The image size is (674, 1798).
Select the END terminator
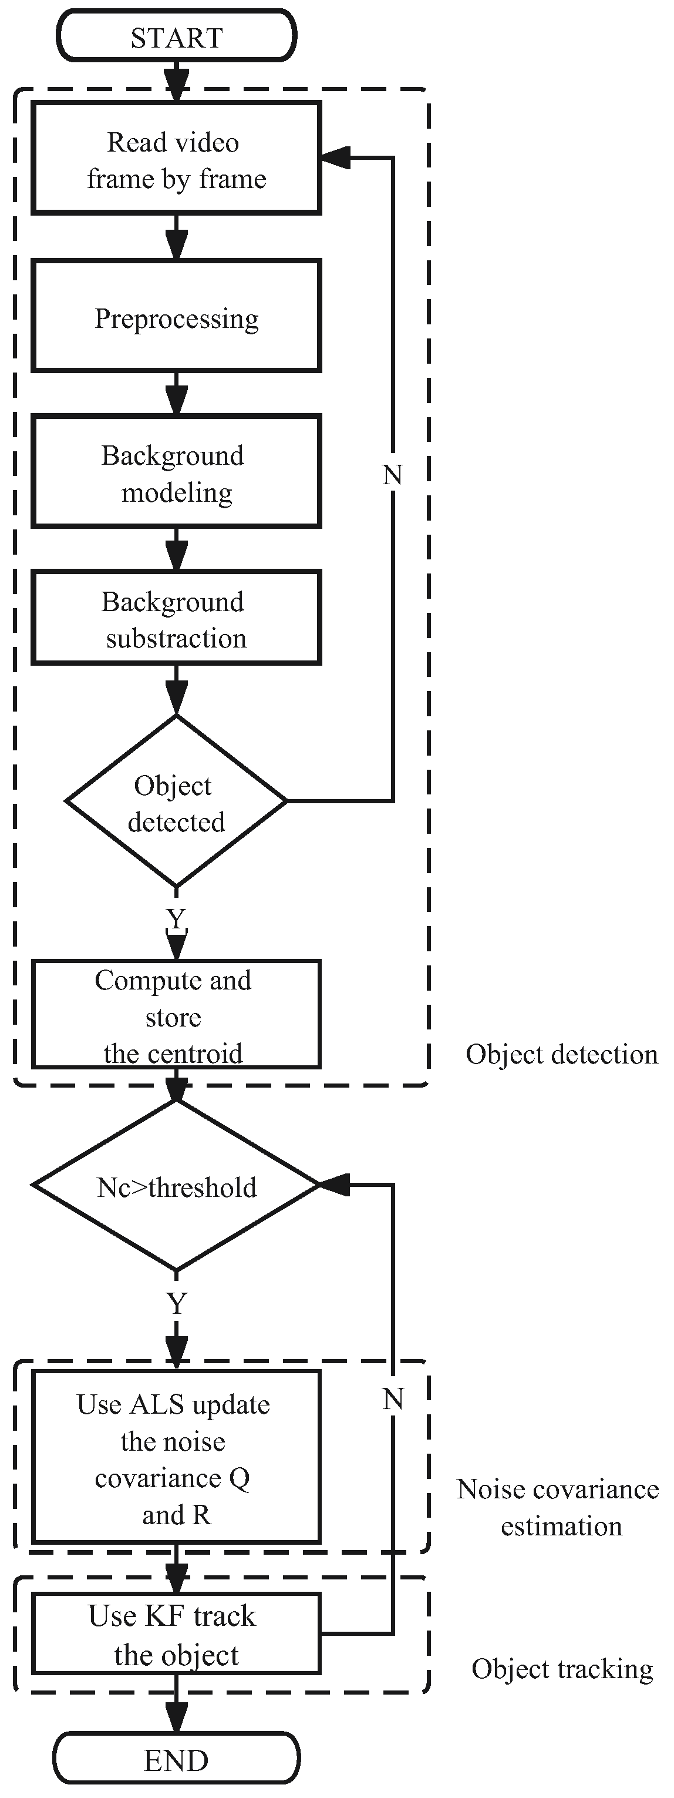[x=177, y=1760]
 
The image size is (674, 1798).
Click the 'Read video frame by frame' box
[x=177, y=159]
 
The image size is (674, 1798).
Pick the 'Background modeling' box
[x=177, y=472]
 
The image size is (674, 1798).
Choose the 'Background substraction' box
[x=177, y=618]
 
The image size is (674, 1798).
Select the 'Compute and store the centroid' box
[x=177, y=1015]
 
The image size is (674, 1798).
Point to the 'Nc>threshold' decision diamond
[x=177, y=1186]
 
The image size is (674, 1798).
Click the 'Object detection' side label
[x=562, y=1055]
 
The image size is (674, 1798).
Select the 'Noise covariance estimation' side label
[x=558, y=1508]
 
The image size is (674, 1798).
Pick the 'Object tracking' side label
[x=562, y=1669]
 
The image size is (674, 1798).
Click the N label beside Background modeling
[x=392, y=475]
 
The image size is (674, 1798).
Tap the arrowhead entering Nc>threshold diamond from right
[x=333, y=1185]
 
